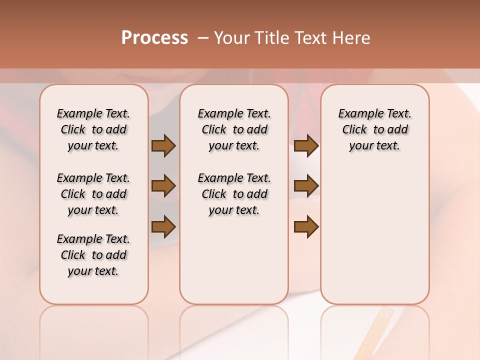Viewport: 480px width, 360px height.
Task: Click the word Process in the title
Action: click(x=154, y=38)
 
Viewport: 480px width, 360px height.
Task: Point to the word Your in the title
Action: click(x=232, y=38)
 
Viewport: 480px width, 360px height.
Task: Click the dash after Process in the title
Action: click(x=202, y=38)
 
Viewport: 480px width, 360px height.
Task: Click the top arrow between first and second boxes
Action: click(x=163, y=145)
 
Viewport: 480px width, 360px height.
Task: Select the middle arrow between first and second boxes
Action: click(x=163, y=186)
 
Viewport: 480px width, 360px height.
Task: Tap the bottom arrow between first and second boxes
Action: click(x=163, y=226)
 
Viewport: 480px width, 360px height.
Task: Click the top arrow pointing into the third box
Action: click(x=306, y=145)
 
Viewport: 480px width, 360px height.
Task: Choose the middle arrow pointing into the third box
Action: click(x=306, y=186)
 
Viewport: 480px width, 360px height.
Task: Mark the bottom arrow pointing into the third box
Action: click(x=306, y=226)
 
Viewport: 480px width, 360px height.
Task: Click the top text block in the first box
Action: click(x=93, y=129)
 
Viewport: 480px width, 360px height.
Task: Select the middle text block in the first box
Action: click(x=93, y=194)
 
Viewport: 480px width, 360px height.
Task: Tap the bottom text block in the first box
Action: click(x=93, y=255)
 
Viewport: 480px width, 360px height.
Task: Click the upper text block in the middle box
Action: click(x=234, y=129)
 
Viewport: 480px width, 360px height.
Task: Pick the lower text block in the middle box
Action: click(x=234, y=194)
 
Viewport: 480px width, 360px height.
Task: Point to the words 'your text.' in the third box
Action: click(x=374, y=146)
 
